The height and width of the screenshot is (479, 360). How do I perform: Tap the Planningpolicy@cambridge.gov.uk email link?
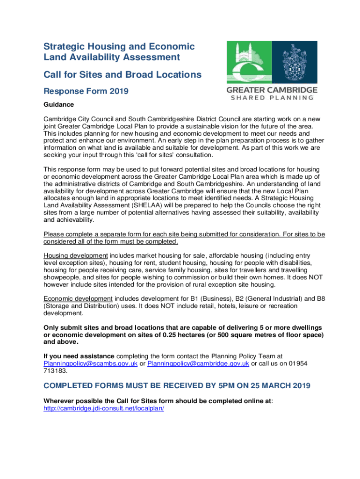point(198,363)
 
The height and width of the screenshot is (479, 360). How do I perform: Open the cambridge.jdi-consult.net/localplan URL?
point(103,408)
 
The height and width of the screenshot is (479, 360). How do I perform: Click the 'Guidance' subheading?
point(58,104)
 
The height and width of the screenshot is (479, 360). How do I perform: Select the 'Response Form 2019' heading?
point(86,92)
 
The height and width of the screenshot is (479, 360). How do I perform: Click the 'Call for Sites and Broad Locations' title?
point(122,75)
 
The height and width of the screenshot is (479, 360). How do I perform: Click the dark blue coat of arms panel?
point(295,62)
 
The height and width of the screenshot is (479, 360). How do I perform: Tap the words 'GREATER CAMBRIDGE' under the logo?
point(272,90)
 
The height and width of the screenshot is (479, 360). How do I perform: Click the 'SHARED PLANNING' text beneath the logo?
point(272,98)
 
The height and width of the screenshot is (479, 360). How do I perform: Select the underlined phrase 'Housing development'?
point(76,255)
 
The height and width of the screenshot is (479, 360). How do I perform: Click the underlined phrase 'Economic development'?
point(78,298)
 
